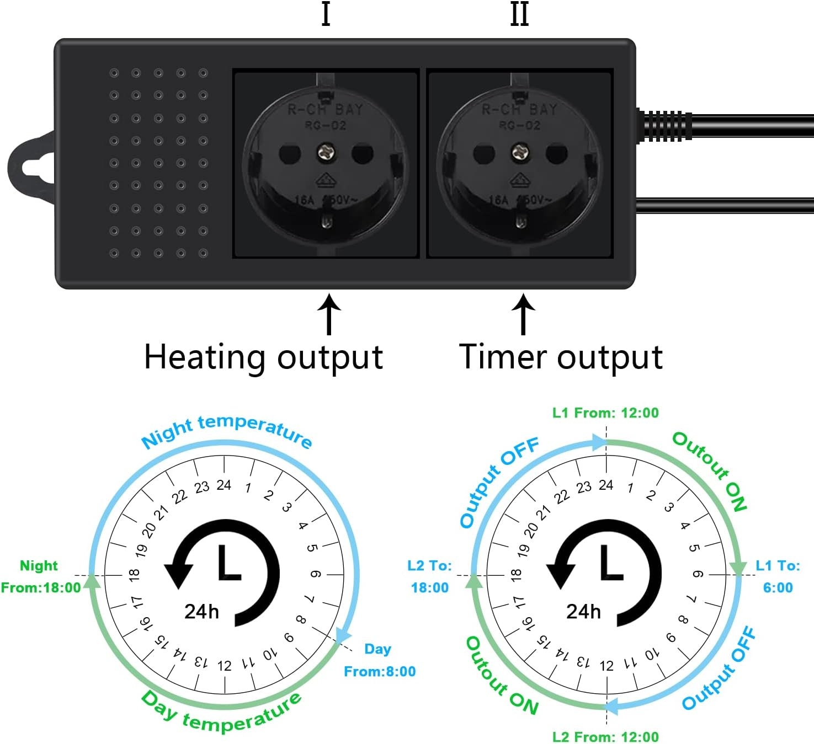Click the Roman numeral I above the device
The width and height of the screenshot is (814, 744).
(x=326, y=14)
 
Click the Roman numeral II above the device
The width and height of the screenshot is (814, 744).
(x=519, y=14)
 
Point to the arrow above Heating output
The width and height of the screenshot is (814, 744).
(x=329, y=314)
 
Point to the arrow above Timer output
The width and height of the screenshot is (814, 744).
(x=523, y=314)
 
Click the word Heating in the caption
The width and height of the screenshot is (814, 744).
(x=205, y=357)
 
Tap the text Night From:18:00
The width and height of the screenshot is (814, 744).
(x=41, y=577)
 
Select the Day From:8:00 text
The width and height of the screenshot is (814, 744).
(x=380, y=660)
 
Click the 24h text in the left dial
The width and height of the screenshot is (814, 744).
(x=201, y=612)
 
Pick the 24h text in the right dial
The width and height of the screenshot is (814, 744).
(x=583, y=612)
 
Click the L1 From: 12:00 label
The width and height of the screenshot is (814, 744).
(x=605, y=413)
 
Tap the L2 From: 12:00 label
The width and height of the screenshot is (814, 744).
(x=605, y=737)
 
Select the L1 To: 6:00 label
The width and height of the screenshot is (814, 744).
(x=778, y=576)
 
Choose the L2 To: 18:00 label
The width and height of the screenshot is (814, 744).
(x=429, y=576)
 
